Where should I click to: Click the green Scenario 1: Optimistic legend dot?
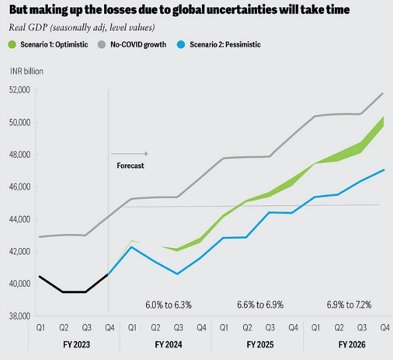tap(12, 44)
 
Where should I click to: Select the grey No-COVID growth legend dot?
tap(102, 44)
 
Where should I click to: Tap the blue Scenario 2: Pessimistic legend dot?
tap(180, 44)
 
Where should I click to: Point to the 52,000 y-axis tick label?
tap(20, 90)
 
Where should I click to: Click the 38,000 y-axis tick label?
tap(20, 316)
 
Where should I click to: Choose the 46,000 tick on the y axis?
tap(20, 186)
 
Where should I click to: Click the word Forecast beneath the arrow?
tap(131, 166)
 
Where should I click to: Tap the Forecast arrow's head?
tap(148, 154)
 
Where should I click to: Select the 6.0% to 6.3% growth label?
tap(168, 305)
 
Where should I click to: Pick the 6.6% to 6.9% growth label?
tap(260, 305)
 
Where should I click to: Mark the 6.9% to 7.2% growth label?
tap(349, 305)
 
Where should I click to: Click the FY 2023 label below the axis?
tap(76, 345)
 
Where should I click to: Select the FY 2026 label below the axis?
tap(352, 345)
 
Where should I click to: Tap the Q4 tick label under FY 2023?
tap(110, 327)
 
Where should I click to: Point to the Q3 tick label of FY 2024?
tap(179, 327)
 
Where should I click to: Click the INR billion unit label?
tap(26, 71)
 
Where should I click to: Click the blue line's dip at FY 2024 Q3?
tap(177, 274)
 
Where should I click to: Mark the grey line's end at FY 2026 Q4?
tap(383, 94)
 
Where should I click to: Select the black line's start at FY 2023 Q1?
tap(40, 276)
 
